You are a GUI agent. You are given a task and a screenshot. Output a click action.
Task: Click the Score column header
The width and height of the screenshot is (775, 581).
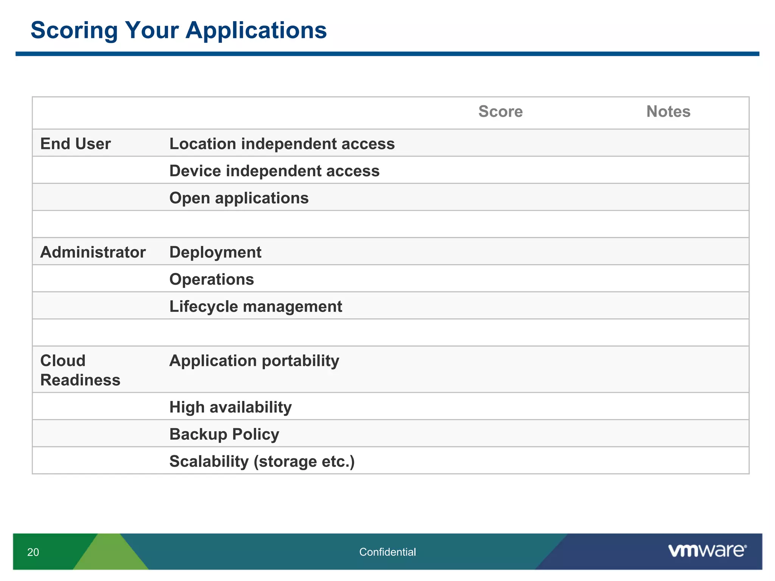coord(500,112)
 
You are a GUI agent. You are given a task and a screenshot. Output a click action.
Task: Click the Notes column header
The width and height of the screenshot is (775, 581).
coord(668,112)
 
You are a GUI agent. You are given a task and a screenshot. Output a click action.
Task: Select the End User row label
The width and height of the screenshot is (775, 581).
coord(75,144)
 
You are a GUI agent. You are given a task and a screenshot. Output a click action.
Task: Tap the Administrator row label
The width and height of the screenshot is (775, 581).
coord(93,252)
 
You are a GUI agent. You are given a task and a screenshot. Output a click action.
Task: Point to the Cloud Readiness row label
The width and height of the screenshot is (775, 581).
coord(80,370)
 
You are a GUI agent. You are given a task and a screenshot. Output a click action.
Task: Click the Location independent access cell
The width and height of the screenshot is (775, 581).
coord(282,144)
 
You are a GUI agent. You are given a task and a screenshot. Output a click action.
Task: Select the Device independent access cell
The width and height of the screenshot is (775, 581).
coord(274,171)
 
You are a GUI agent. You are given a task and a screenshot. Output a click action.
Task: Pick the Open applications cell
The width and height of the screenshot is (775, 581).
coord(239,198)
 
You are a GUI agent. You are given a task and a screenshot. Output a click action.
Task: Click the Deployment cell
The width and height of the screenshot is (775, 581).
coord(215,252)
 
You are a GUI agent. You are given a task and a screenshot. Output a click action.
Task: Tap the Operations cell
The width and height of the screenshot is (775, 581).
coord(212,280)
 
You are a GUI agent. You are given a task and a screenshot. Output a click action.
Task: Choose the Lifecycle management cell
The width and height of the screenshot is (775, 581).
coord(255,306)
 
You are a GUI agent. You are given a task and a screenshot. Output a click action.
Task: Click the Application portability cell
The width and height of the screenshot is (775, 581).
coord(254,360)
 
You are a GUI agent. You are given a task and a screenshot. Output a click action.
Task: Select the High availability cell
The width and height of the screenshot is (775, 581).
coord(230,407)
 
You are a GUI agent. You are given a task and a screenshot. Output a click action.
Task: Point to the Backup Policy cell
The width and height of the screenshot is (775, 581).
coord(224,434)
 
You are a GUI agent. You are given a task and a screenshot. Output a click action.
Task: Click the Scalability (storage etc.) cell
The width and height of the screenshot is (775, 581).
coord(262,461)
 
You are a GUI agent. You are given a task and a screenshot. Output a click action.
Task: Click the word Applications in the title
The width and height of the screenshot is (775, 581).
coord(256,30)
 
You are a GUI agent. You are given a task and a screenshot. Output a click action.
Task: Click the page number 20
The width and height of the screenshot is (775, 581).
coord(33,552)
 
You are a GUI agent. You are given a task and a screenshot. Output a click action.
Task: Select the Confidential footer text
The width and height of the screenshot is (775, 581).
coord(387,552)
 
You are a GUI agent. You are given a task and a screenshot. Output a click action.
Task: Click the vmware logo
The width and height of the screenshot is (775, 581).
coord(707,551)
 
